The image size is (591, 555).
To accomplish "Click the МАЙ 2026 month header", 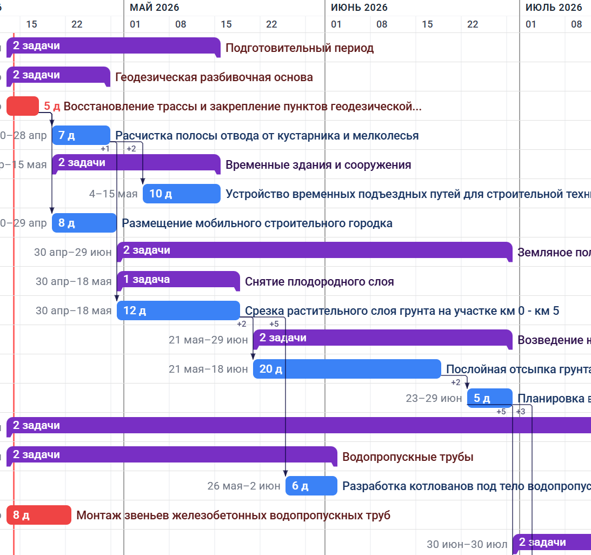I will [154, 8].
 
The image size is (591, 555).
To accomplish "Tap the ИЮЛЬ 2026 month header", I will [554, 8].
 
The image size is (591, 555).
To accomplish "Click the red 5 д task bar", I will [22, 106].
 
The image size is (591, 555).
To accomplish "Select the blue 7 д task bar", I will [81, 135].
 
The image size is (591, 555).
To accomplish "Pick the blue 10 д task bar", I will [181, 194].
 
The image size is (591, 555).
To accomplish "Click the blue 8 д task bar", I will [84, 223].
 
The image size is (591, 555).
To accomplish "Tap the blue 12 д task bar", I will [178, 310].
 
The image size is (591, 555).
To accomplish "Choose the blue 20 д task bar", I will [347, 369].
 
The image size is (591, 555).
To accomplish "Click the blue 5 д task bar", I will [489, 398].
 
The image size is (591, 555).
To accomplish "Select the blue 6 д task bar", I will [311, 486].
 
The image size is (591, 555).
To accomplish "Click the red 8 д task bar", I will [38, 515].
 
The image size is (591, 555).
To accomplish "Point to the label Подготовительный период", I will [300, 48].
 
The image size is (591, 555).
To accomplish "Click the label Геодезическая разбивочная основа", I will [214, 77].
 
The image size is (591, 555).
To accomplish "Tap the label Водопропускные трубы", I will [408, 457].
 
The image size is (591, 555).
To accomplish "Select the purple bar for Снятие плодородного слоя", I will [178, 280].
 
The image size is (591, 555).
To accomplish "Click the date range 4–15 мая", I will [114, 194].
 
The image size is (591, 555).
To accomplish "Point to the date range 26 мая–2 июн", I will [244, 486].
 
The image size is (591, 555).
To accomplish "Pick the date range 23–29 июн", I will [434, 398].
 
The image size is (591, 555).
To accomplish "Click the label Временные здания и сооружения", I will [318, 165].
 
